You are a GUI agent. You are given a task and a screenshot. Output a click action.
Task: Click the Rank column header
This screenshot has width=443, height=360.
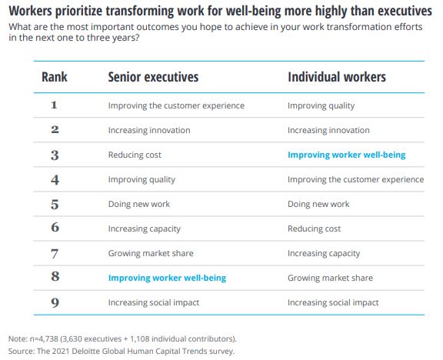point(55,77)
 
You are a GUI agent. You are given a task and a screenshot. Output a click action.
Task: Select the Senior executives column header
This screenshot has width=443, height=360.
point(153,77)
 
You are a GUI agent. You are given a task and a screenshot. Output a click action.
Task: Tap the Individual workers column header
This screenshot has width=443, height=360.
point(337,77)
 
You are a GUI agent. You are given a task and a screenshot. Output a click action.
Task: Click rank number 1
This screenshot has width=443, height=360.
point(55,105)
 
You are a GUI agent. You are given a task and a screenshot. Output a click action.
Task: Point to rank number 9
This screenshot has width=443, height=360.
point(55,302)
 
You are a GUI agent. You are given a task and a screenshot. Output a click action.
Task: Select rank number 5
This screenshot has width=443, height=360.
point(55,205)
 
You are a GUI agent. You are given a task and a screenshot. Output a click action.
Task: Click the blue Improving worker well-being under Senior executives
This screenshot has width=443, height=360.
point(167,278)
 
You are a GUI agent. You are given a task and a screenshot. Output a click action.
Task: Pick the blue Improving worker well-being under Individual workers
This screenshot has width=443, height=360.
point(347,155)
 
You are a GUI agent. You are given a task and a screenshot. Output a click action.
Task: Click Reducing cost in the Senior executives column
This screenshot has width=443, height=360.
point(135,155)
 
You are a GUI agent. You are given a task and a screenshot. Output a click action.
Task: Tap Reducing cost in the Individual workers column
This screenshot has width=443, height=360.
point(314,228)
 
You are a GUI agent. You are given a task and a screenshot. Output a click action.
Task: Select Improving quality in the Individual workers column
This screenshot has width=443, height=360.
point(321,105)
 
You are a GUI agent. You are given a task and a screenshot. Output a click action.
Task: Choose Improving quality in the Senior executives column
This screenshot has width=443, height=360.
point(142,180)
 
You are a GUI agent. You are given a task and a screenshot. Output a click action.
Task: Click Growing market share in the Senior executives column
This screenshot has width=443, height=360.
point(151,254)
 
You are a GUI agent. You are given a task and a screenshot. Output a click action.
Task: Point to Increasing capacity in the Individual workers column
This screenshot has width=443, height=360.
point(324,254)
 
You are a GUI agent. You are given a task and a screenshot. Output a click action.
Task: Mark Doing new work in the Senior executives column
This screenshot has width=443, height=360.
point(139,204)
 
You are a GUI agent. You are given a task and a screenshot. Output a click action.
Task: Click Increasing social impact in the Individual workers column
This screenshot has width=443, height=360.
point(333,302)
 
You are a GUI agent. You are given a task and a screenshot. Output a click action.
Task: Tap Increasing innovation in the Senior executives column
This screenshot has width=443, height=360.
point(149,130)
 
